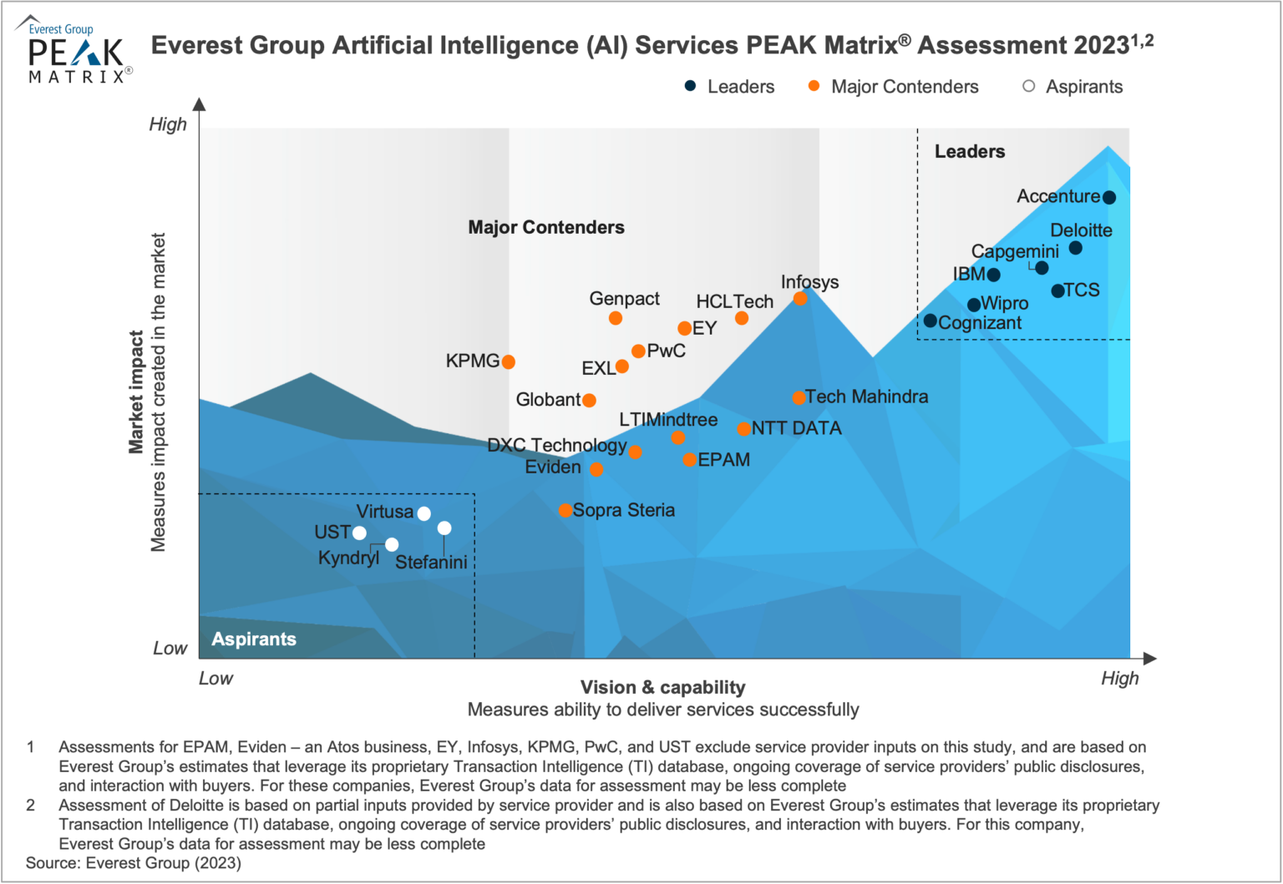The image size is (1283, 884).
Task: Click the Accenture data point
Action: [1109, 198]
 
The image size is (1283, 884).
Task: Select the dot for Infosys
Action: [800, 299]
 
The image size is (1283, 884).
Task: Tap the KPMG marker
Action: [508, 361]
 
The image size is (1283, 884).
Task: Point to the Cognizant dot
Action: [930, 321]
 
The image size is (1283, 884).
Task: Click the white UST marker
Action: [359, 533]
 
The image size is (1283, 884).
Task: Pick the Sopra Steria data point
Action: [565, 510]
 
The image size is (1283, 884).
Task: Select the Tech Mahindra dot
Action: [799, 397]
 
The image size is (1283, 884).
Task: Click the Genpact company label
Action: [624, 299]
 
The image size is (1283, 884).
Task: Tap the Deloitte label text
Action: [1081, 230]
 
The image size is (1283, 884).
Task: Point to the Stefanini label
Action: [431, 563]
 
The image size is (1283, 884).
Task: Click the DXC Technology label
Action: [557, 445]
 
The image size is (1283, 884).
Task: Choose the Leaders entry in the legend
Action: [729, 87]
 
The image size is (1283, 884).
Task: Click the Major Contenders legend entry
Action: [894, 87]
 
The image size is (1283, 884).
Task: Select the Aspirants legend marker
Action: [1029, 86]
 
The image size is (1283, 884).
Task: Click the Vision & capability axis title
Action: [662, 688]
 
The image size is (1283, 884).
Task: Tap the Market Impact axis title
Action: [135, 392]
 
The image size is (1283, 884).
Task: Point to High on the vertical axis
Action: [168, 125]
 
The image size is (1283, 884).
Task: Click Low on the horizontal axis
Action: [216, 679]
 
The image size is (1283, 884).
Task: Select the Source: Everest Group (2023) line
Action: [134, 863]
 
